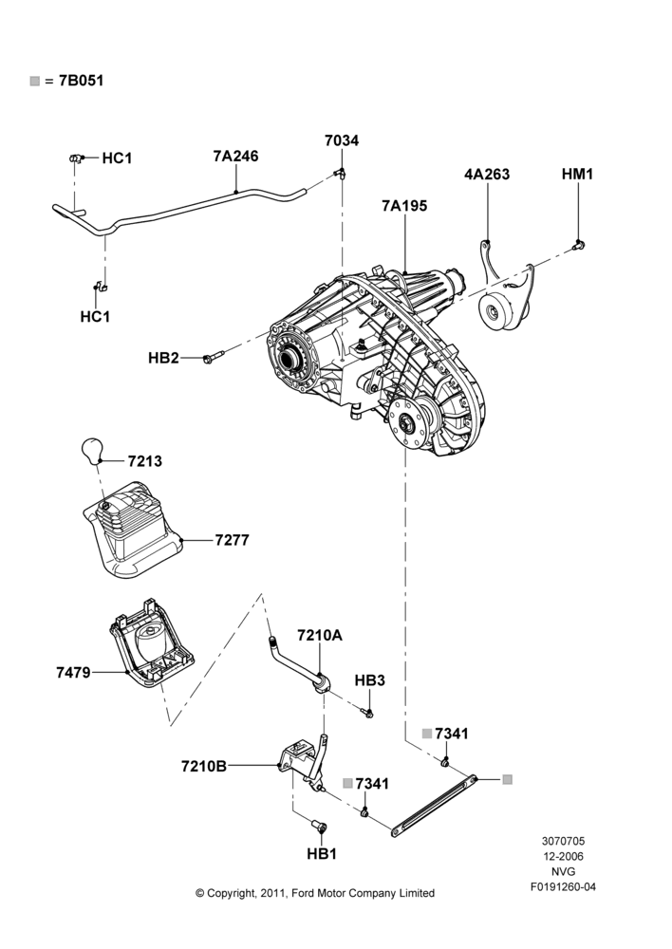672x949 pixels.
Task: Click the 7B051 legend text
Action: [x=81, y=81]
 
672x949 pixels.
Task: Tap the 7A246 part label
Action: [x=235, y=157]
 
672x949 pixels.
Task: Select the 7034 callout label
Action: [x=342, y=140]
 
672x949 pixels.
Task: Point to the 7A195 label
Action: [x=404, y=206]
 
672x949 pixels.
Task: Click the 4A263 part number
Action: [x=487, y=175]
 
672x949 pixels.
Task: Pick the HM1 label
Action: [x=577, y=175]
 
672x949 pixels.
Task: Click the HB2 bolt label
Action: [x=163, y=359]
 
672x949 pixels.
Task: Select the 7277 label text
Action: [x=232, y=540]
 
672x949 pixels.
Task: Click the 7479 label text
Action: [x=73, y=673]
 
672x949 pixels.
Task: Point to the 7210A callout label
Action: [x=320, y=636]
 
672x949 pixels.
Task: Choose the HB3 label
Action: [x=370, y=680]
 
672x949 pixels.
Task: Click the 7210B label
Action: [x=204, y=766]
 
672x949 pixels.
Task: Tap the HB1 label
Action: [x=322, y=854]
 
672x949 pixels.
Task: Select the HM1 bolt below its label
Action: [x=578, y=245]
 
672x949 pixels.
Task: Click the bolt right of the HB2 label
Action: [x=214, y=357]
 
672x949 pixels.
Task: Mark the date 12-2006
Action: [x=563, y=856]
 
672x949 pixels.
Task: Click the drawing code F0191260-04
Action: [x=563, y=887]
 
